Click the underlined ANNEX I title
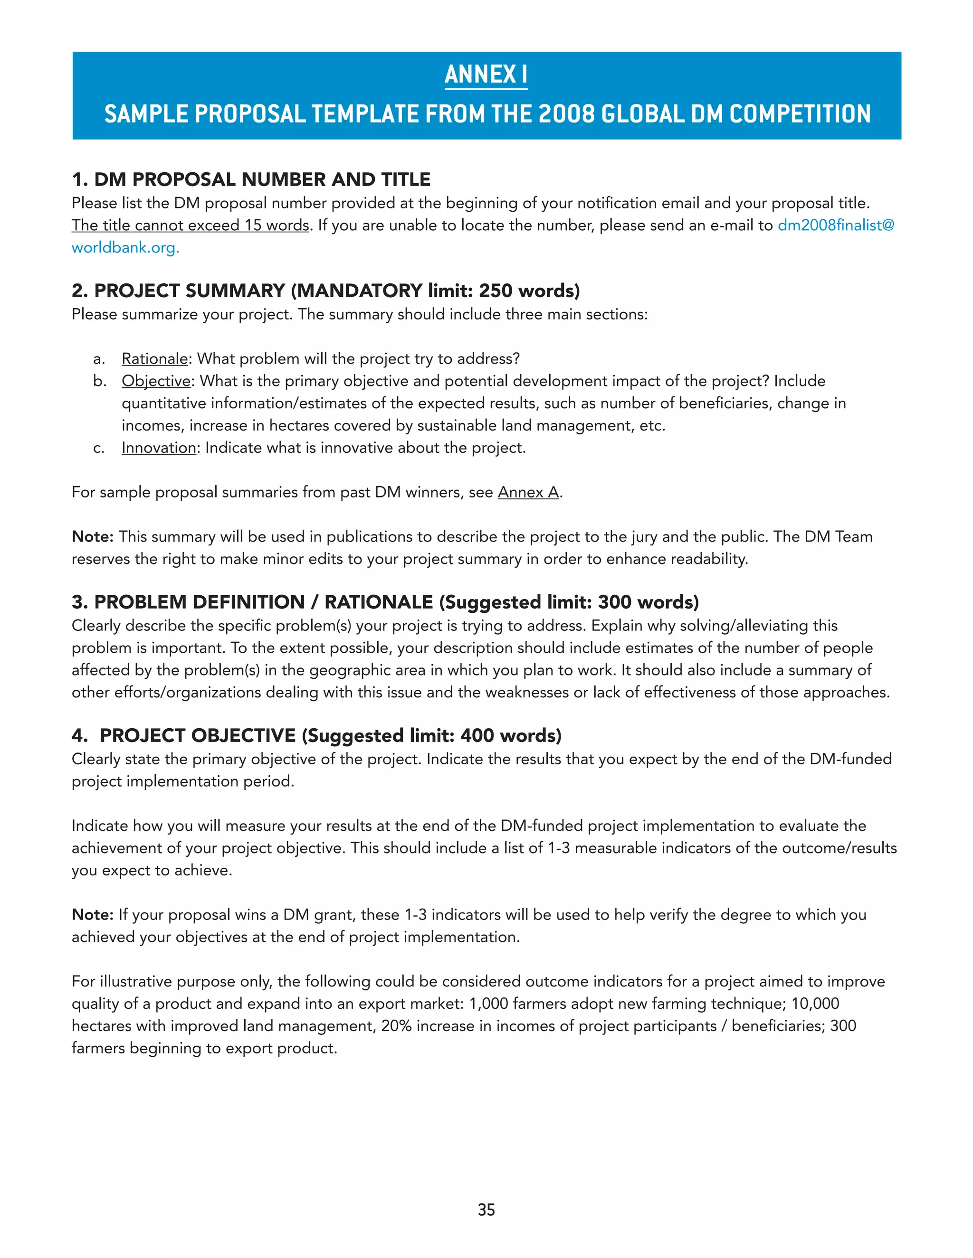pyautogui.click(x=486, y=75)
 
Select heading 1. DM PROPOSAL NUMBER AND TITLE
pyautogui.click(x=251, y=180)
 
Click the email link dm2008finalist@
pyautogui.click(x=835, y=225)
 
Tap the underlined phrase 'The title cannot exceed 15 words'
pyautogui.click(x=190, y=225)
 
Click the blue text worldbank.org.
pyautogui.click(x=125, y=248)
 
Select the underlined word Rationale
pyautogui.click(x=154, y=359)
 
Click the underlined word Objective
pyautogui.click(x=156, y=381)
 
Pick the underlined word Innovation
pyautogui.click(x=159, y=448)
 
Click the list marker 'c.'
pyautogui.click(x=98, y=448)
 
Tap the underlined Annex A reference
pyautogui.click(x=528, y=492)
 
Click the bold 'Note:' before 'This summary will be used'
pyautogui.click(x=92, y=537)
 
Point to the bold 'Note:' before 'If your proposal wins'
pyautogui.click(x=92, y=915)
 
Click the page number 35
pyautogui.click(x=486, y=1210)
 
